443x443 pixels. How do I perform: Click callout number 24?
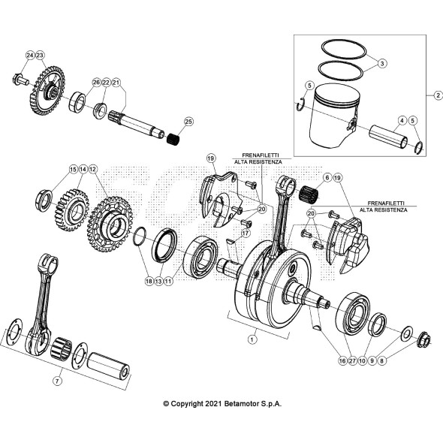pos(30,56)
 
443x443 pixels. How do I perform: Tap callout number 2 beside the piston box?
pos(382,64)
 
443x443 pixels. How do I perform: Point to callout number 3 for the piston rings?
pos(402,120)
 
